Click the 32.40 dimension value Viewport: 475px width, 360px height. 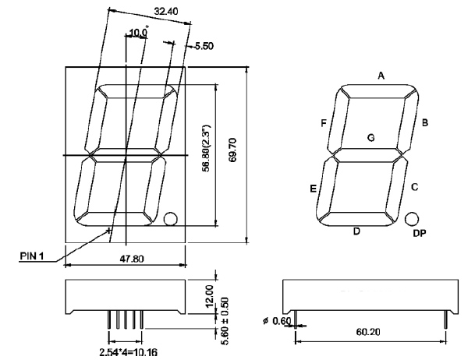[165, 12]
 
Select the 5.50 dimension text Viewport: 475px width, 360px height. [204, 47]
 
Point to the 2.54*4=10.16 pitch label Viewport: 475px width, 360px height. [129, 352]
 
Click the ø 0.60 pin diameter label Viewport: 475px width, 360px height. [275, 320]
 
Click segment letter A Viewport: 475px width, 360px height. [381, 76]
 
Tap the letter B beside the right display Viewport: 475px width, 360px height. [425, 122]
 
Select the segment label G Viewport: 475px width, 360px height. [371, 138]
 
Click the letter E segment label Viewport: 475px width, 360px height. [313, 189]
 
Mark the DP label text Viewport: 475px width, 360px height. [419, 233]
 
